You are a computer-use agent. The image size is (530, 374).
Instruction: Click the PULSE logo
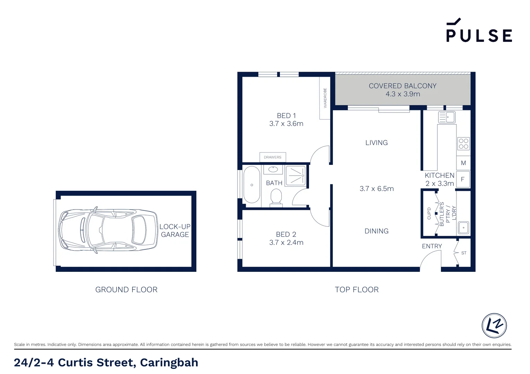click(x=479, y=30)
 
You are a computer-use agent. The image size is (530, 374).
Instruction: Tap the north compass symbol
click(x=494, y=326)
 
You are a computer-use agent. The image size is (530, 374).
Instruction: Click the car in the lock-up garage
click(x=108, y=230)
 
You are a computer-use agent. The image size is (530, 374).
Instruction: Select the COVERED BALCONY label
click(x=403, y=86)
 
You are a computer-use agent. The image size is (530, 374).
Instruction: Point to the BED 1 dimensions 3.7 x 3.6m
click(x=286, y=124)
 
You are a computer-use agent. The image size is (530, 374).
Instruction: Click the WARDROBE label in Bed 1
click(x=325, y=98)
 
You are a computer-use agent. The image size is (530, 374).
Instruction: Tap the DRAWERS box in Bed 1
click(x=273, y=157)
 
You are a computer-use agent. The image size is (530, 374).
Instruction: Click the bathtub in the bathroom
click(x=252, y=185)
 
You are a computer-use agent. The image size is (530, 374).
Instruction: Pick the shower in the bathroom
click(x=296, y=176)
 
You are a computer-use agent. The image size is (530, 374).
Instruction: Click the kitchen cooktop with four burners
click(x=463, y=144)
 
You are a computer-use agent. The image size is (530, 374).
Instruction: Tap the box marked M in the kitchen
click(x=463, y=163)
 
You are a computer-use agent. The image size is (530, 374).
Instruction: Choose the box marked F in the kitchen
click(x=463, y=179)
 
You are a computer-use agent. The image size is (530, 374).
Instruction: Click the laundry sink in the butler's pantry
click(x=463, y=228)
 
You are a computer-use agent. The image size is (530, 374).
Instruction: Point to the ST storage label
click(x=464, y=253)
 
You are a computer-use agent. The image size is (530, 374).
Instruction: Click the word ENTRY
click(x=432, y=246)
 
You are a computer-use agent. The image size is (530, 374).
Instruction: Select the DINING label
click(x=376, y=231)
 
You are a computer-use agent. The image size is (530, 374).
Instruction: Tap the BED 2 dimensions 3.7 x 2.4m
click(x=286, y=242)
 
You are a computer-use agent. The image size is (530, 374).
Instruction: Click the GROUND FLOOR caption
click(x=126, y=290)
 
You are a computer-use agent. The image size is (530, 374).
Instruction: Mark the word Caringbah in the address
click(x=169, y=363)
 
